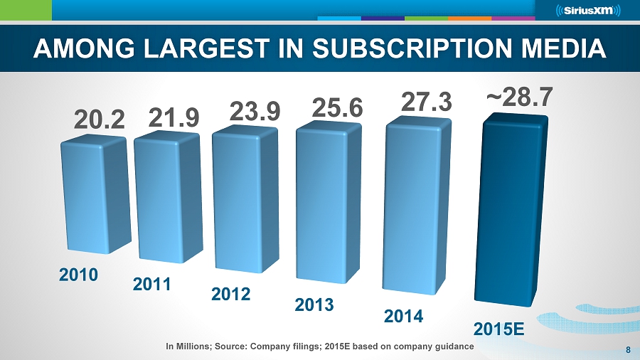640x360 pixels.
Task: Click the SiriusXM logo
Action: (587, 10)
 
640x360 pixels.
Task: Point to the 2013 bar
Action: (331, 206)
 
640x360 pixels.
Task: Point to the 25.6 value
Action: (338, 107)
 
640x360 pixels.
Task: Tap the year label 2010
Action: (78, 275)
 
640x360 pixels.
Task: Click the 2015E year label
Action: (499, 330)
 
